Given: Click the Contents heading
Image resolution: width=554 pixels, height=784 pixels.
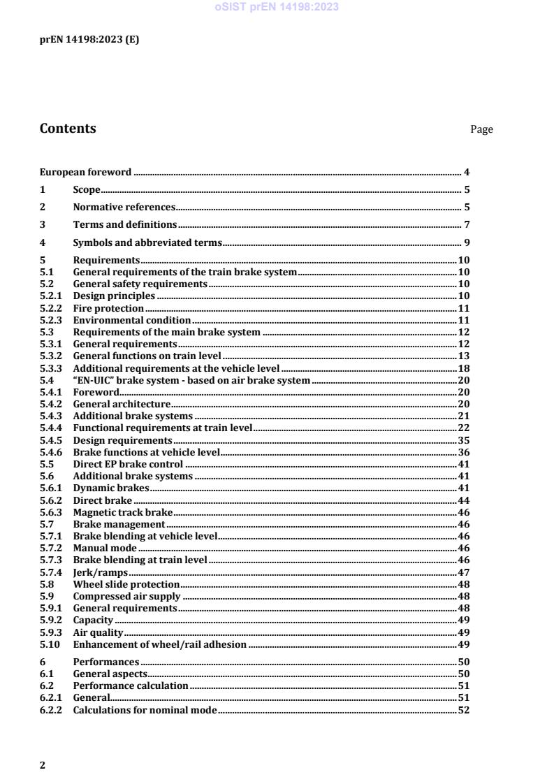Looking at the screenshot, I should click(68, 129).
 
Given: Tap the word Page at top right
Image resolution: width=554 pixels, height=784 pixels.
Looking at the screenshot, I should click(481, 129).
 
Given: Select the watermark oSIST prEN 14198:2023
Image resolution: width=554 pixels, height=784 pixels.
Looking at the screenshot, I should click(277, 7).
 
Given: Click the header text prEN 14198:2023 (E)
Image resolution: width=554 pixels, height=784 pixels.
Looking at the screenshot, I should click(89, 40).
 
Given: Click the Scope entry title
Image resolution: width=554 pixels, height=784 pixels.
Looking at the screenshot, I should click(87, 189).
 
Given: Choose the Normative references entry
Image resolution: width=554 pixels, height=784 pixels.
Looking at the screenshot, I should click(124, 207).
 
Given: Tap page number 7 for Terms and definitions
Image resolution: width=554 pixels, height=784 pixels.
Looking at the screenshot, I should click(467, 224).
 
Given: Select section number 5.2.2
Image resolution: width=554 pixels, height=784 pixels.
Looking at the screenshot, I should click(51, 308).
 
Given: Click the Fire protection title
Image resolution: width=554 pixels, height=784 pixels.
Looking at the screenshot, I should click(108, 308).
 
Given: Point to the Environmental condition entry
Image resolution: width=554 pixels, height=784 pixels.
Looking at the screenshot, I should click(132, 320).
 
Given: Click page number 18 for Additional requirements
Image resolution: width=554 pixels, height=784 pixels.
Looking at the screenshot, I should click(463, 368).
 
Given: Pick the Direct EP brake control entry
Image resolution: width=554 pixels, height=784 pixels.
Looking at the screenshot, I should click(128, 464).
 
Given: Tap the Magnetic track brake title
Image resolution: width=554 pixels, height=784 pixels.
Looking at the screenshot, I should click(122, 512).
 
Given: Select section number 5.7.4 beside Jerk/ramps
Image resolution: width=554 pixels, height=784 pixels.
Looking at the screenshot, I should click(51, 572).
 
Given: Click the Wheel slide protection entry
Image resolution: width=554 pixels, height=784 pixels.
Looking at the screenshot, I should click(126, 584).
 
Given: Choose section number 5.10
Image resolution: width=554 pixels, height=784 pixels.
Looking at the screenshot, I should click(51, 644).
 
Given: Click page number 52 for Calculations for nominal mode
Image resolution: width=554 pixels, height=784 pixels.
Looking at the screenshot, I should click(463, 710).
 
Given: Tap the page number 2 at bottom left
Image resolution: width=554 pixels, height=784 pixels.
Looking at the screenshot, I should click(43, 765).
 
